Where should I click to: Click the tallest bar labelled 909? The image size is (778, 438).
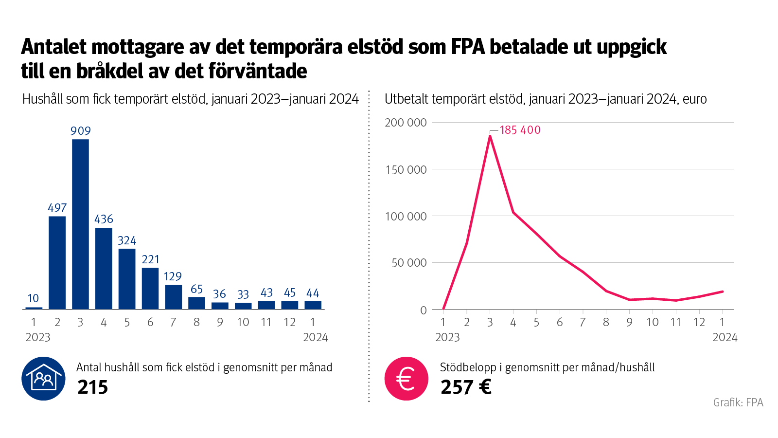(80, 224)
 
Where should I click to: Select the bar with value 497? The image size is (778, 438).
(57, 263)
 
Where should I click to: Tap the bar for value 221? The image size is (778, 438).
(150, 288)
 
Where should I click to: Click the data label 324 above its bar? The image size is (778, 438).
(127, 240)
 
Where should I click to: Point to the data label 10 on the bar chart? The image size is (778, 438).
(33, 298)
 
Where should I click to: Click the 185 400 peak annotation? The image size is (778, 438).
(520, 130)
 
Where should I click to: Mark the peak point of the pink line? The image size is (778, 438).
(490, 136)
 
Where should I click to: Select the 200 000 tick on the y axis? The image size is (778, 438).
(406, 123)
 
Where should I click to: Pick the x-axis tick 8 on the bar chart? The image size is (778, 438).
(196, 322)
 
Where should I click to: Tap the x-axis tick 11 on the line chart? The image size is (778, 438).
(675, 322)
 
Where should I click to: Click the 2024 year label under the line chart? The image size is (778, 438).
(725, 337)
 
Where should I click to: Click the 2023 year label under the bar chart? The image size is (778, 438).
(38, 337)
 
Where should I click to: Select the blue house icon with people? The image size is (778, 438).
(43, 379)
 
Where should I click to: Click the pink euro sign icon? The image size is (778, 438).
(406, 379)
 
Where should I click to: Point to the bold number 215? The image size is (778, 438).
(92, 387)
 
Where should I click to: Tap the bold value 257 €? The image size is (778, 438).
(466, 387)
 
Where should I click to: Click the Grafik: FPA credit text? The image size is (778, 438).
(738, 402)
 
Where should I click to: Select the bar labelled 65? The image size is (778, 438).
(196, 303)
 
